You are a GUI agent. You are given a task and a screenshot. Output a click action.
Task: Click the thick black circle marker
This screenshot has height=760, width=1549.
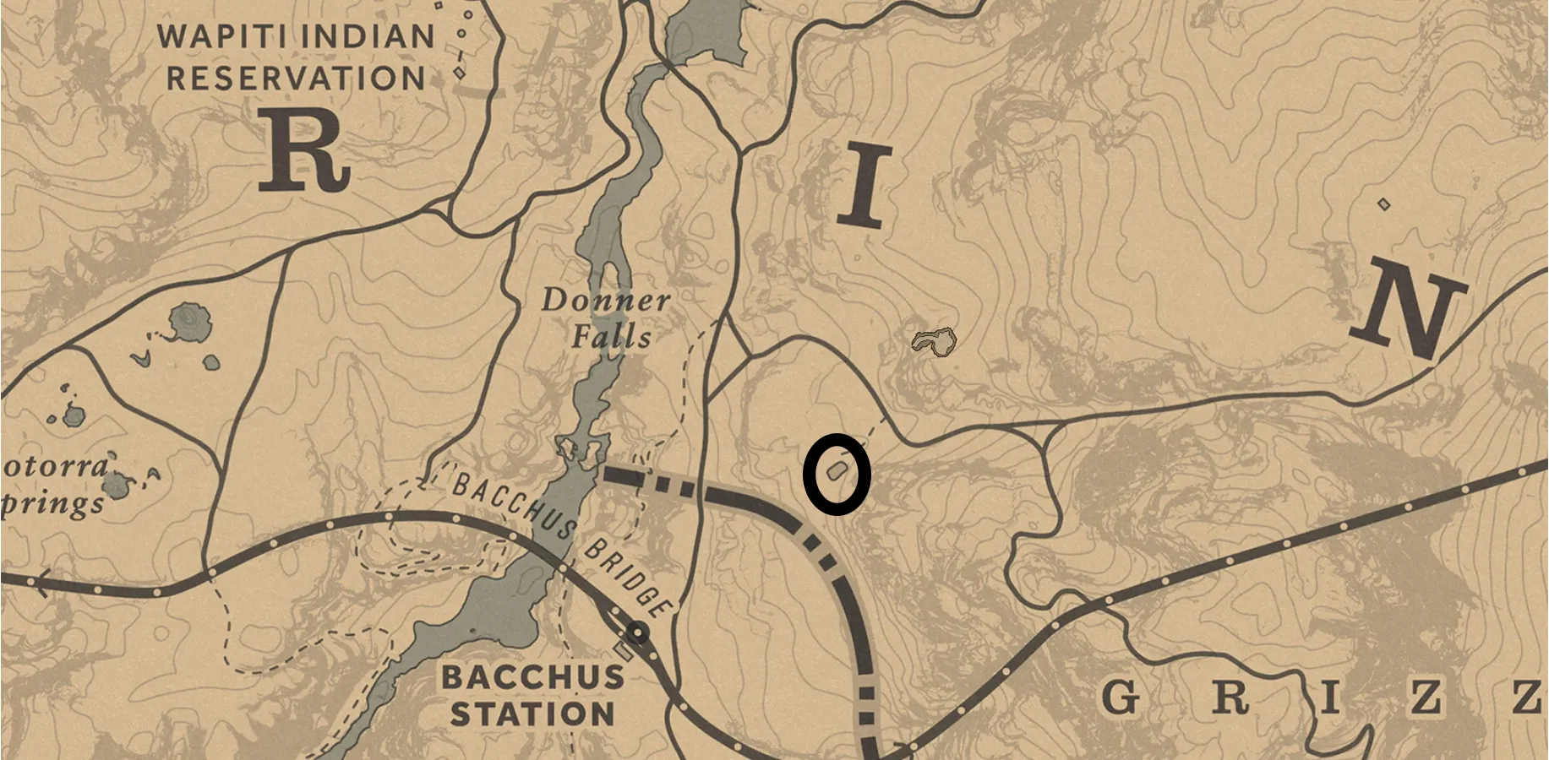click(836, 474)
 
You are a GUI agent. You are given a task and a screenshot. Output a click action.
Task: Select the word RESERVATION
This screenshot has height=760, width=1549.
click(296, 78)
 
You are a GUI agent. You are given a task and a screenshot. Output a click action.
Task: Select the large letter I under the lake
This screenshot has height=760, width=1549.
click(864, 185)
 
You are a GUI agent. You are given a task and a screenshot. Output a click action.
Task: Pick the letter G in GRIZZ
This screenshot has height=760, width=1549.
click(1121, 698)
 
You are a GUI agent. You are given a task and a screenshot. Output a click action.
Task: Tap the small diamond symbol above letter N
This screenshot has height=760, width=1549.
click(1383, 204)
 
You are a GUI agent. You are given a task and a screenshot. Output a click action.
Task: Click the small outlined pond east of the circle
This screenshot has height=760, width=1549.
click(934, 342)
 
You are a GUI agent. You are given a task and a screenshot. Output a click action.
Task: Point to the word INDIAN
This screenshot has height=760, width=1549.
click(367, 36)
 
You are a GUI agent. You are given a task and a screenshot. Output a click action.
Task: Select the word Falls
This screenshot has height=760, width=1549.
click(611, 337)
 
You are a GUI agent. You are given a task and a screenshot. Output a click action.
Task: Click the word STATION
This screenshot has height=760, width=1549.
click(532, 714)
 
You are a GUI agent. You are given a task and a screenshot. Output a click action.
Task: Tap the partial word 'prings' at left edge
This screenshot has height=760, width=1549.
click(52, 504)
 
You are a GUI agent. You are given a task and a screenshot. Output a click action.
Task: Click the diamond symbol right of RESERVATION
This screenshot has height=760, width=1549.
click(459, 73)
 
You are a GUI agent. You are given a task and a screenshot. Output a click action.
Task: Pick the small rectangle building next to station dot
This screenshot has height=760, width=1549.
click(624, 651)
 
